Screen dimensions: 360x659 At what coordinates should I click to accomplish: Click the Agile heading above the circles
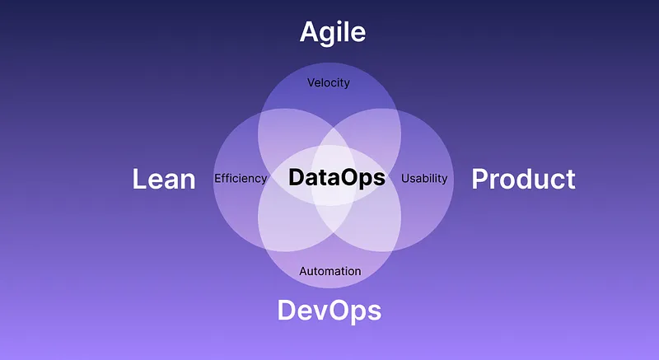click(333, 32)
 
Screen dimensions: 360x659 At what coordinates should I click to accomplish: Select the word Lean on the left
click(164, 179)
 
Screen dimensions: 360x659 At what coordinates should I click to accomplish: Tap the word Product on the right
click(523, 179)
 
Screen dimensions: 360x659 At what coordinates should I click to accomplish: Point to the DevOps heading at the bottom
click(329, 311)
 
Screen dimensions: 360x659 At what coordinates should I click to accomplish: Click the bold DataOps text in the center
click(337, 178)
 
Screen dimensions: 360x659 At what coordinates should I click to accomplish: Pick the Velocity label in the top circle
click(329, 82)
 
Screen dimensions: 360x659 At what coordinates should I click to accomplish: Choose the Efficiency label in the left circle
click(241, 178)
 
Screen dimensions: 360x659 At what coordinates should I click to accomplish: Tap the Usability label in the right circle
click(424, 178)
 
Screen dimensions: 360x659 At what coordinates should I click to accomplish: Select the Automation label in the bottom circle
click(329, 271)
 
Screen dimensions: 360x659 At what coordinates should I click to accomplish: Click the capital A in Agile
click(309, 32)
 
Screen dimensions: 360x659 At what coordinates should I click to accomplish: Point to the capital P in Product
click(479, 179)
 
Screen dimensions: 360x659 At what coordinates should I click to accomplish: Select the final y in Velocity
click(347, 84)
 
